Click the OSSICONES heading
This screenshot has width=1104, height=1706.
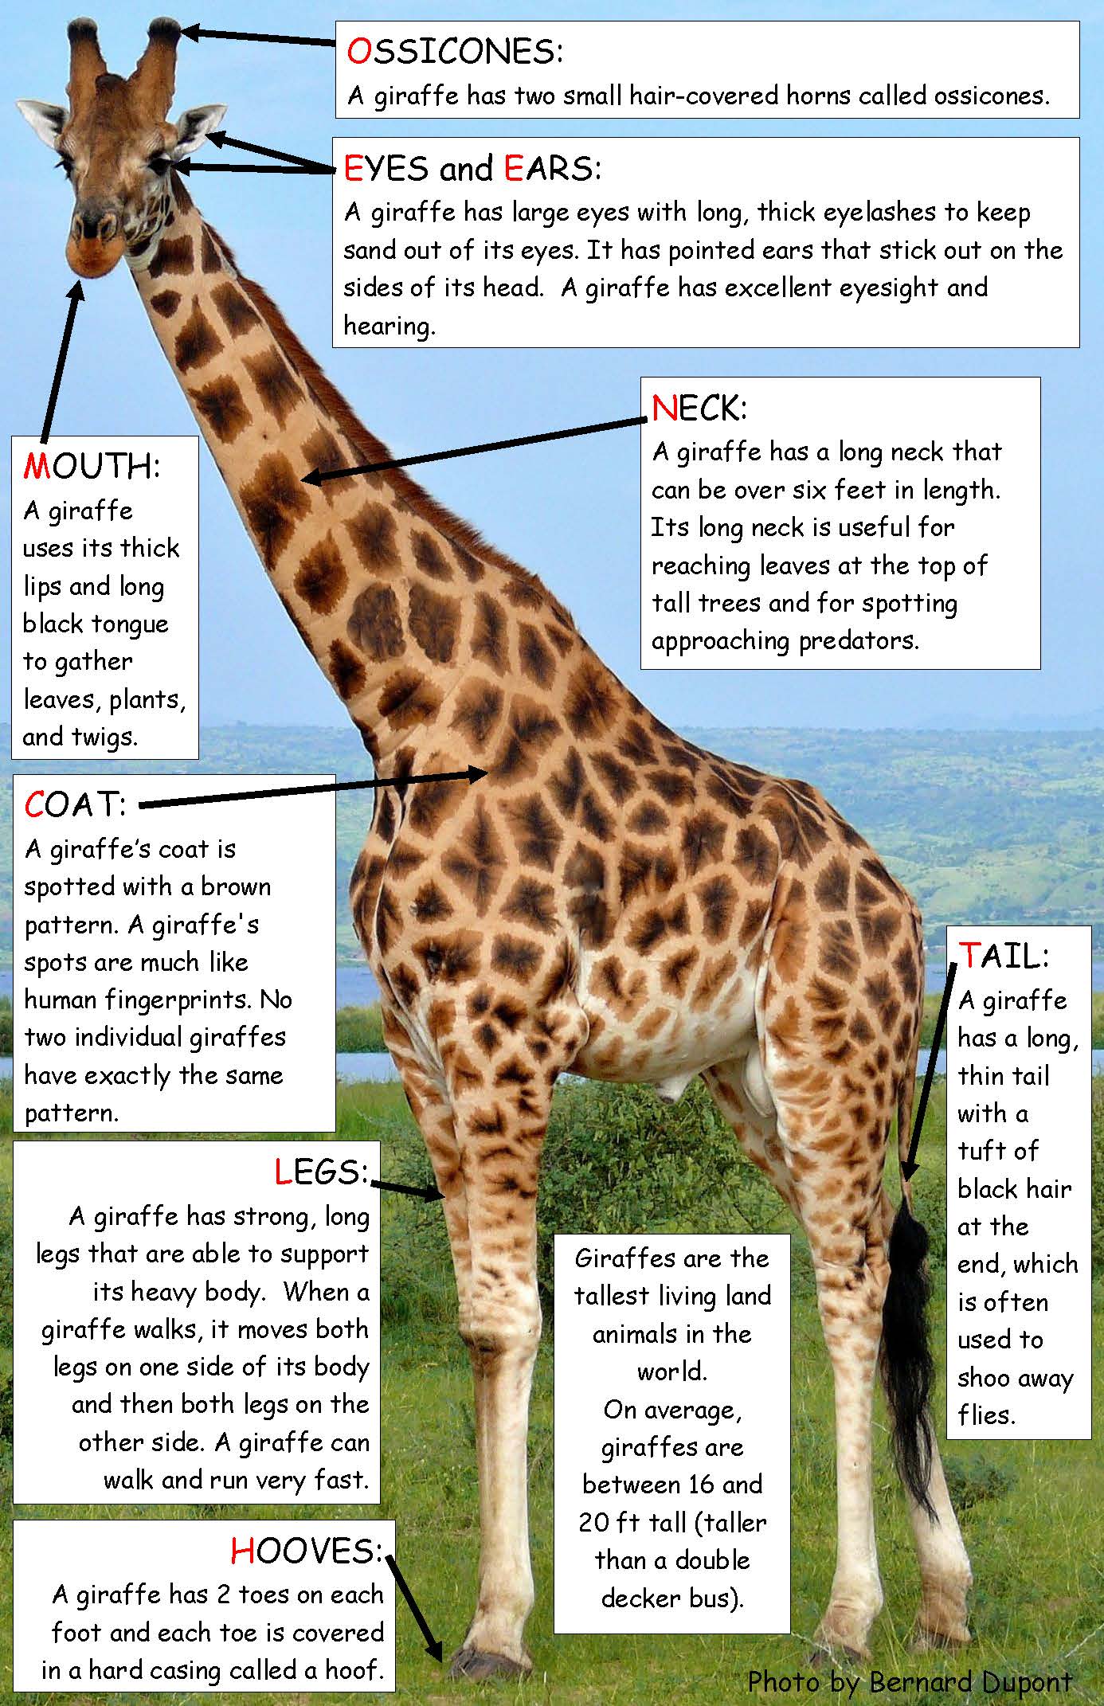coord(455,51)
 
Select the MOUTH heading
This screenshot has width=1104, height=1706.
coord(92,466)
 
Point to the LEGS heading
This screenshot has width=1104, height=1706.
coord(322,1172)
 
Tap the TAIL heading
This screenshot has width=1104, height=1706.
coord(1004,955)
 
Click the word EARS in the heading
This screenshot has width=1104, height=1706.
coord(553,168)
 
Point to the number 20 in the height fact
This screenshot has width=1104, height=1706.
coord(594,1523)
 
